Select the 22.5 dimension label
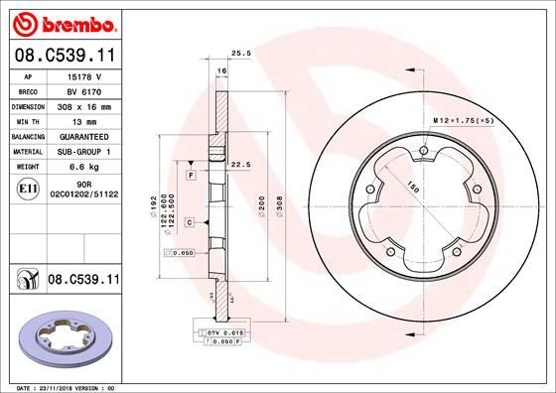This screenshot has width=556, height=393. [238, 165]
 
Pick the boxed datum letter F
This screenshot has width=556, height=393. [190, 175]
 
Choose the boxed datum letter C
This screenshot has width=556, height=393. [188, 223]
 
